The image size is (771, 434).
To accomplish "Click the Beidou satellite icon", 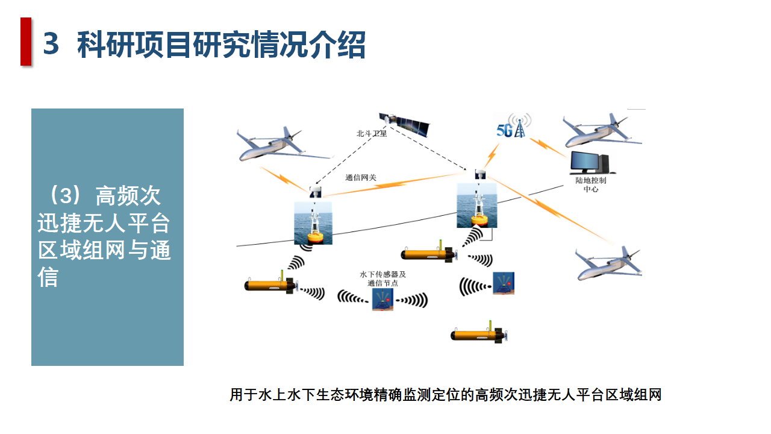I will (x=405, y=123).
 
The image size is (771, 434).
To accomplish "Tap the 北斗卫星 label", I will (x=372, y=134).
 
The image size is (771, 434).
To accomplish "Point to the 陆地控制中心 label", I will (x=591, y=184).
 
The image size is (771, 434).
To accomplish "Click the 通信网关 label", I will (x=360, y=178).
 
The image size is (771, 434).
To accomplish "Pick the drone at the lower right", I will (x=608, y=263).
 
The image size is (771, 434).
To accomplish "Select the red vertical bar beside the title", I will (x=25, y=41).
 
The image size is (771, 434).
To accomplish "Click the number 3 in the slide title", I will (x=52, y=45).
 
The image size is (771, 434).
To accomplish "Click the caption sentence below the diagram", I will (x=445, y=395).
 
